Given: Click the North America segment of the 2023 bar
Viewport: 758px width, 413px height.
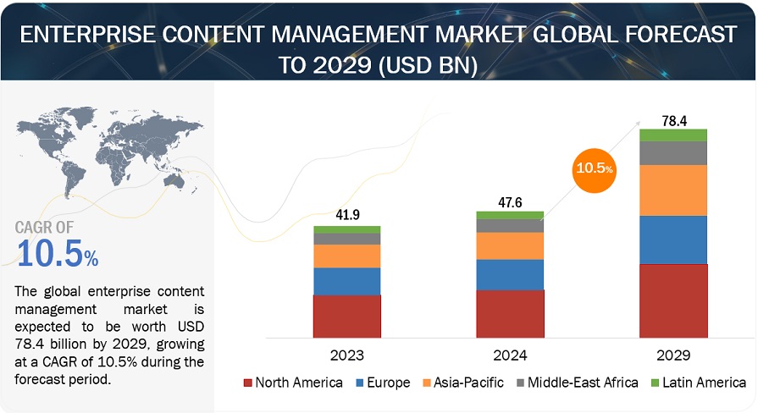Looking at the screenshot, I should pos(347,317).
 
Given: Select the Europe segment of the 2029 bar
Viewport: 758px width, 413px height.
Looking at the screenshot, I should pos(673,240).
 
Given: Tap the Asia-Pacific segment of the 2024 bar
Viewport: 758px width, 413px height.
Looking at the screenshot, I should pos(510,245).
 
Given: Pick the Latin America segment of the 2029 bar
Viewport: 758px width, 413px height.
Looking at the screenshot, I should pos(673,135).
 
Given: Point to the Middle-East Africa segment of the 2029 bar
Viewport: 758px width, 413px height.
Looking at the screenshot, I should pos(673,152).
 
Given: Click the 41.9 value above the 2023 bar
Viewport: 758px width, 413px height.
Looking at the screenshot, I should pos(347,214).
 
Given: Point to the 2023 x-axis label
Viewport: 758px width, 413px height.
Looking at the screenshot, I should pos(347,355).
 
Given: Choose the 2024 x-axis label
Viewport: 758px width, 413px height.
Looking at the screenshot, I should pos(510,355).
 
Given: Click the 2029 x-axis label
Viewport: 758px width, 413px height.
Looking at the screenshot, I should pos(673,355).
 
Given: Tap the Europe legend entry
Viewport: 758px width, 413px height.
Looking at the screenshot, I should pos(382,383).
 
